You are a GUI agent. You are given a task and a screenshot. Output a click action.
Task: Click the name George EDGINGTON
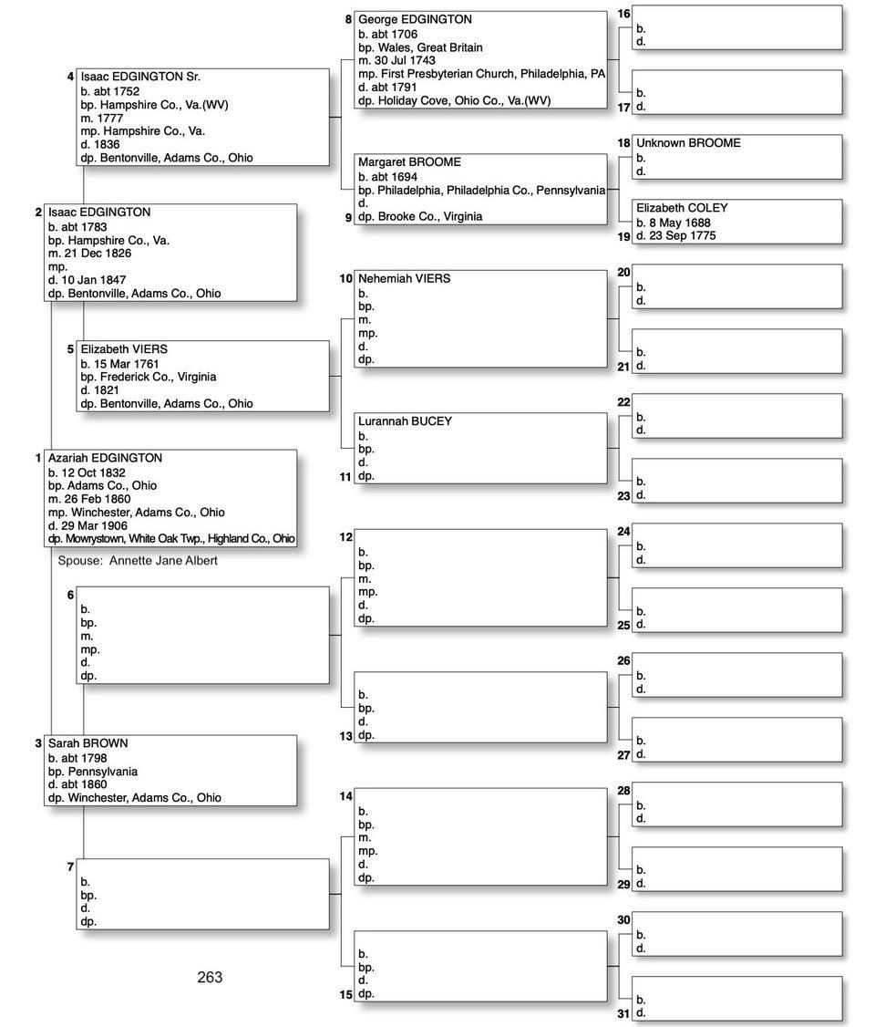(415, 19)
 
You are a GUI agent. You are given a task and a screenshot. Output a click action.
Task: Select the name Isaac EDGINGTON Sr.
(140, 77)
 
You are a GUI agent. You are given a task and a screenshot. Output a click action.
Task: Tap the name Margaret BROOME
(409, 161)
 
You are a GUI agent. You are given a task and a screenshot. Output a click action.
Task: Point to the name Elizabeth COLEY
(682, 208)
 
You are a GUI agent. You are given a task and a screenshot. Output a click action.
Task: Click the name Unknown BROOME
(688, 143)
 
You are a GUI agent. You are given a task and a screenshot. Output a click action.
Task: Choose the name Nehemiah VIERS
(404, 278)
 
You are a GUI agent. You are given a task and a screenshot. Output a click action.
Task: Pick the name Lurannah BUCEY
(405, 421)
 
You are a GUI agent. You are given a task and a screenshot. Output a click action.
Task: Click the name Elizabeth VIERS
(124, 348)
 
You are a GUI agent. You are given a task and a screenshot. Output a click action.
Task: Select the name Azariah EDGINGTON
(105, 458)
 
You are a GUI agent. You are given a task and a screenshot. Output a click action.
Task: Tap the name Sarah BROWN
(87, 743)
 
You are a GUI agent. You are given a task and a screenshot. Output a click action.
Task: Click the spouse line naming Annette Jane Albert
(138, 561)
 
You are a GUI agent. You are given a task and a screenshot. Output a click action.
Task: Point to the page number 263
(210, 977)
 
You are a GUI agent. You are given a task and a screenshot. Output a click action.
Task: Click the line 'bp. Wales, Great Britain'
(420, 47)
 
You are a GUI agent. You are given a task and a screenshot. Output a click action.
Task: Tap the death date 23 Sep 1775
(675, 235)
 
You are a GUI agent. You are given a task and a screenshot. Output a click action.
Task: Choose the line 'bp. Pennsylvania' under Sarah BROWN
(93, 771)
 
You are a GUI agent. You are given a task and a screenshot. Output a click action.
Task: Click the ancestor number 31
(623, 1013)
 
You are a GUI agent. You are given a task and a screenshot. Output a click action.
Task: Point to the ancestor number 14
(345, 796)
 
